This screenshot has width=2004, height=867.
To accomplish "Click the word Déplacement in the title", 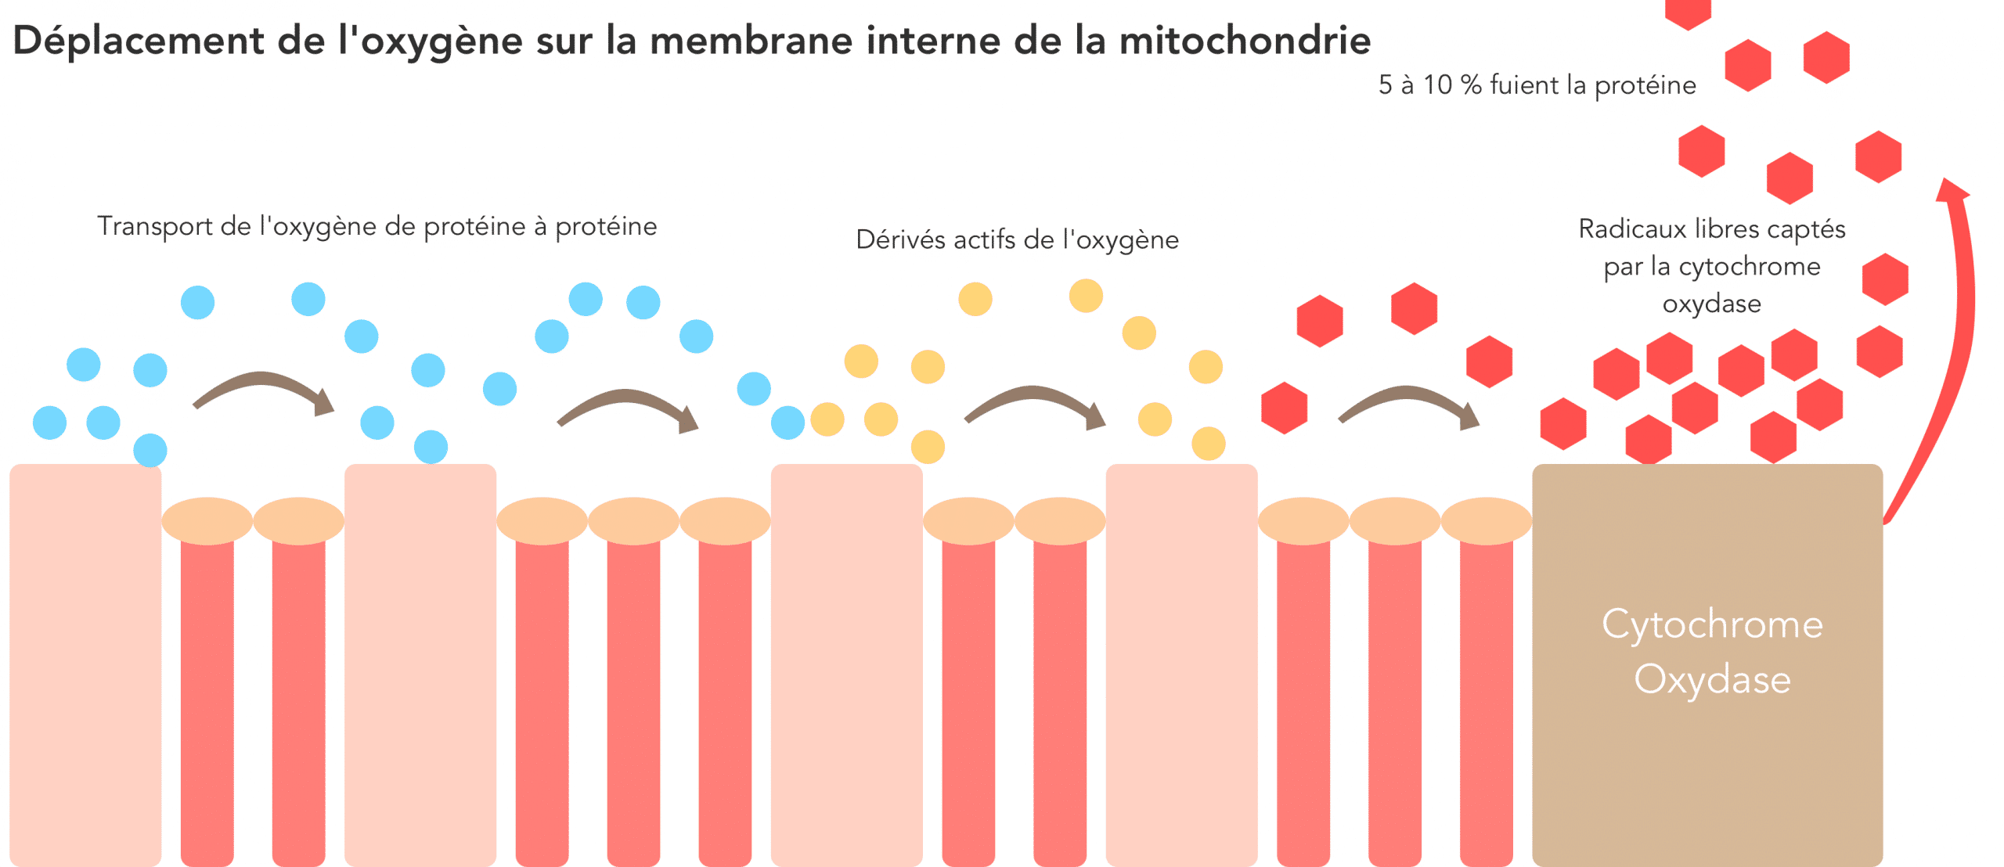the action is coord(138,41).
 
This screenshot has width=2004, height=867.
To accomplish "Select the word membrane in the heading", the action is coord(751,41).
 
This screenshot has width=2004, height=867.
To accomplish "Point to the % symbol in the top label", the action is coord(1471,85).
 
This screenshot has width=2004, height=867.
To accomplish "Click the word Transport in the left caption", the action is coord(155,226).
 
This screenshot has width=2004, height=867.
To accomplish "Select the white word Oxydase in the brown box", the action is coord(1712,679).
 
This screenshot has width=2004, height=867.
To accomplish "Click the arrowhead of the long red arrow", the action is coord(1950,190).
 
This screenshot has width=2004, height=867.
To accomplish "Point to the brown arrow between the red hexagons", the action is coord(1408,405).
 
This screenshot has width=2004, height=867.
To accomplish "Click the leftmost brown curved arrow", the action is coord(263,390).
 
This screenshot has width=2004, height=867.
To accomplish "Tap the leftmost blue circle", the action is coord(49,423).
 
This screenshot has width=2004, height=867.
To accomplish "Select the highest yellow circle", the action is coord(1086,296).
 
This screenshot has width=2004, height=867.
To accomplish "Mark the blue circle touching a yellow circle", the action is coord(788,423).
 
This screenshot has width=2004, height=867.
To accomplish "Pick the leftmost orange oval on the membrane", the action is coord(207,520).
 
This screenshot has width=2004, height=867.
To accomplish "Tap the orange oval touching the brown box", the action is coord(1487,520).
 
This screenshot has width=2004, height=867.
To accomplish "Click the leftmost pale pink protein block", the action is coord(85,665).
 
